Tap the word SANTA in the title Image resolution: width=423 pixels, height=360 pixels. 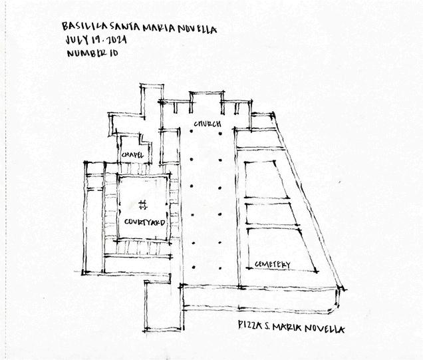coord(120,27)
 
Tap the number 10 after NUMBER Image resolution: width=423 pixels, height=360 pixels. coord(113,55)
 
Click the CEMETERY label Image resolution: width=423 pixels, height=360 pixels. coord(273,265)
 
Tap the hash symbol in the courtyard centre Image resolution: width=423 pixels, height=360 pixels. coord(142,204)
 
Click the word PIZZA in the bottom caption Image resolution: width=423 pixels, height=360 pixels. coord(249,326)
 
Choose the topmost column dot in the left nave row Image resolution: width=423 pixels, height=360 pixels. coord(192,132)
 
